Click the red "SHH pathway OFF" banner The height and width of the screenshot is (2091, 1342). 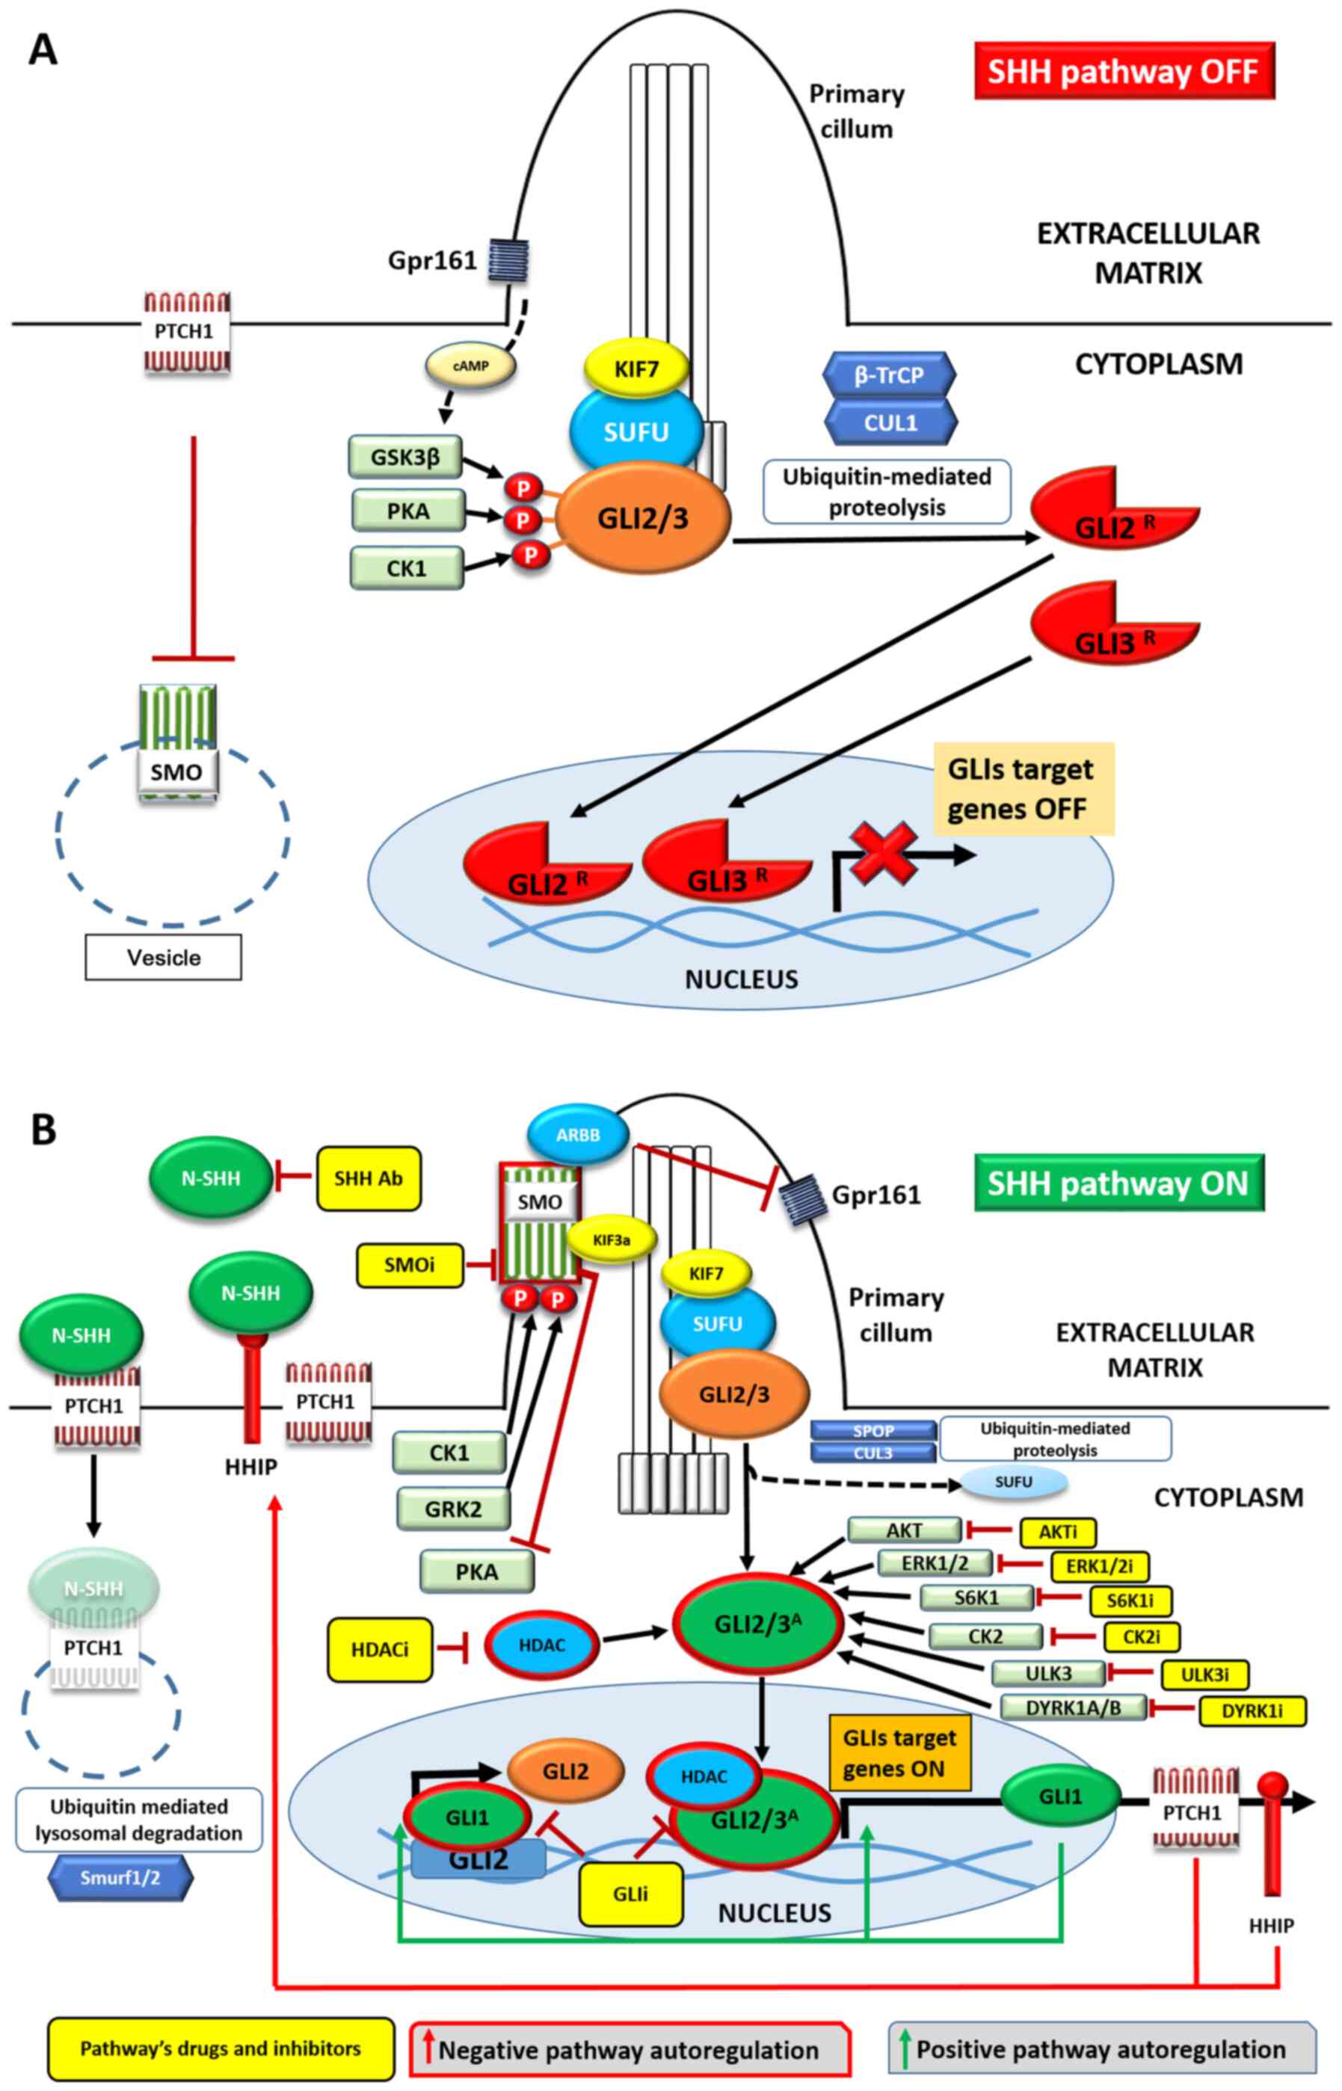[1123, 70]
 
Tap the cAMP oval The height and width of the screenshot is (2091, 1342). [470, 366]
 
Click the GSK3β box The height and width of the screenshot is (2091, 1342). [405, 458]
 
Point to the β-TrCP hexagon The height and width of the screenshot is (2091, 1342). [889, 375]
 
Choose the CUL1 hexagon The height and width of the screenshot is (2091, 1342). [890, 422]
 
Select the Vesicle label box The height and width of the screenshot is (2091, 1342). [163, 958]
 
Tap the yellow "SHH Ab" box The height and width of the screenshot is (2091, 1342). [369, 1178]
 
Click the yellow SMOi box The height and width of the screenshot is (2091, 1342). [410, 1264]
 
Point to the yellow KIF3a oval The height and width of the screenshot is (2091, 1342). [612, 1239]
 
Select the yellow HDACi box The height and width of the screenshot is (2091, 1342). [380, 1649]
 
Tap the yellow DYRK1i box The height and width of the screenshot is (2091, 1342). [1252, 1710]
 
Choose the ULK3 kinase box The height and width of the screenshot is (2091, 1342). [1048, 1674]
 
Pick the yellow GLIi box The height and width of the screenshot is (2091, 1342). [630, 1893]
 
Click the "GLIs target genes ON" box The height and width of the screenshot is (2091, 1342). [899, 1753]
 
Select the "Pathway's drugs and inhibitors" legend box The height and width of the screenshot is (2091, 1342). [221, 2048]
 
